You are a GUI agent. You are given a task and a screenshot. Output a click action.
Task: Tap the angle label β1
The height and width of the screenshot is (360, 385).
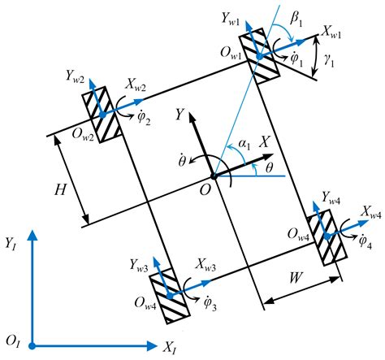coord(300,15)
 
